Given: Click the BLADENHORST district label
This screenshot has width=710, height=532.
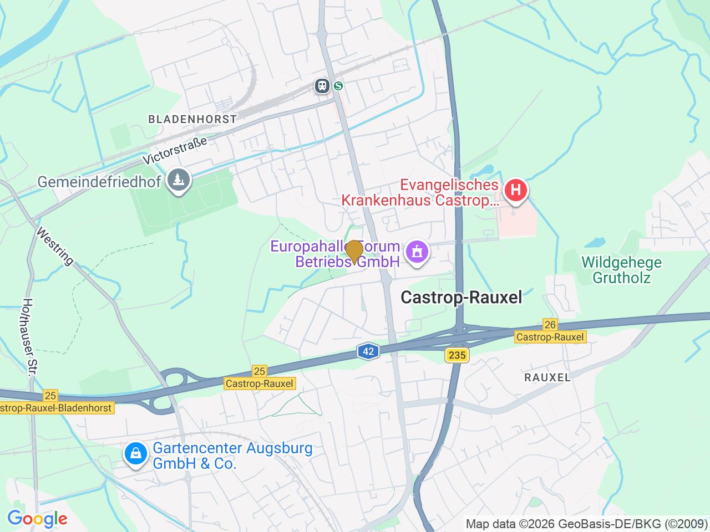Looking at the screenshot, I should coord(192,119).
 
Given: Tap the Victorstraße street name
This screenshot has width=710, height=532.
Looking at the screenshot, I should coord(175,150).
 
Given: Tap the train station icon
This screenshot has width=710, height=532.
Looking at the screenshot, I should coord(322,86).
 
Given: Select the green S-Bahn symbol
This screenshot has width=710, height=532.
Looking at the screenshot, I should coord(338,86).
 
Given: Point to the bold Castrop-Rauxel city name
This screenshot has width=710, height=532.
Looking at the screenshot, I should coord(461,298).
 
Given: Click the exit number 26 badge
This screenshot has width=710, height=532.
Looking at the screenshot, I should coord(550,325).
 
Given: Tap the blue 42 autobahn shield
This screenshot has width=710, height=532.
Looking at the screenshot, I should coord(368,351).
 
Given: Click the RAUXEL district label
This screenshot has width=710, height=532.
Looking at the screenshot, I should coord(547,377).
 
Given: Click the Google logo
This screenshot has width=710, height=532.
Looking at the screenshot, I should coord(37,519).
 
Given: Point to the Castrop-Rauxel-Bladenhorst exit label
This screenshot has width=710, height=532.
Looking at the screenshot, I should coord(55,408).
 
